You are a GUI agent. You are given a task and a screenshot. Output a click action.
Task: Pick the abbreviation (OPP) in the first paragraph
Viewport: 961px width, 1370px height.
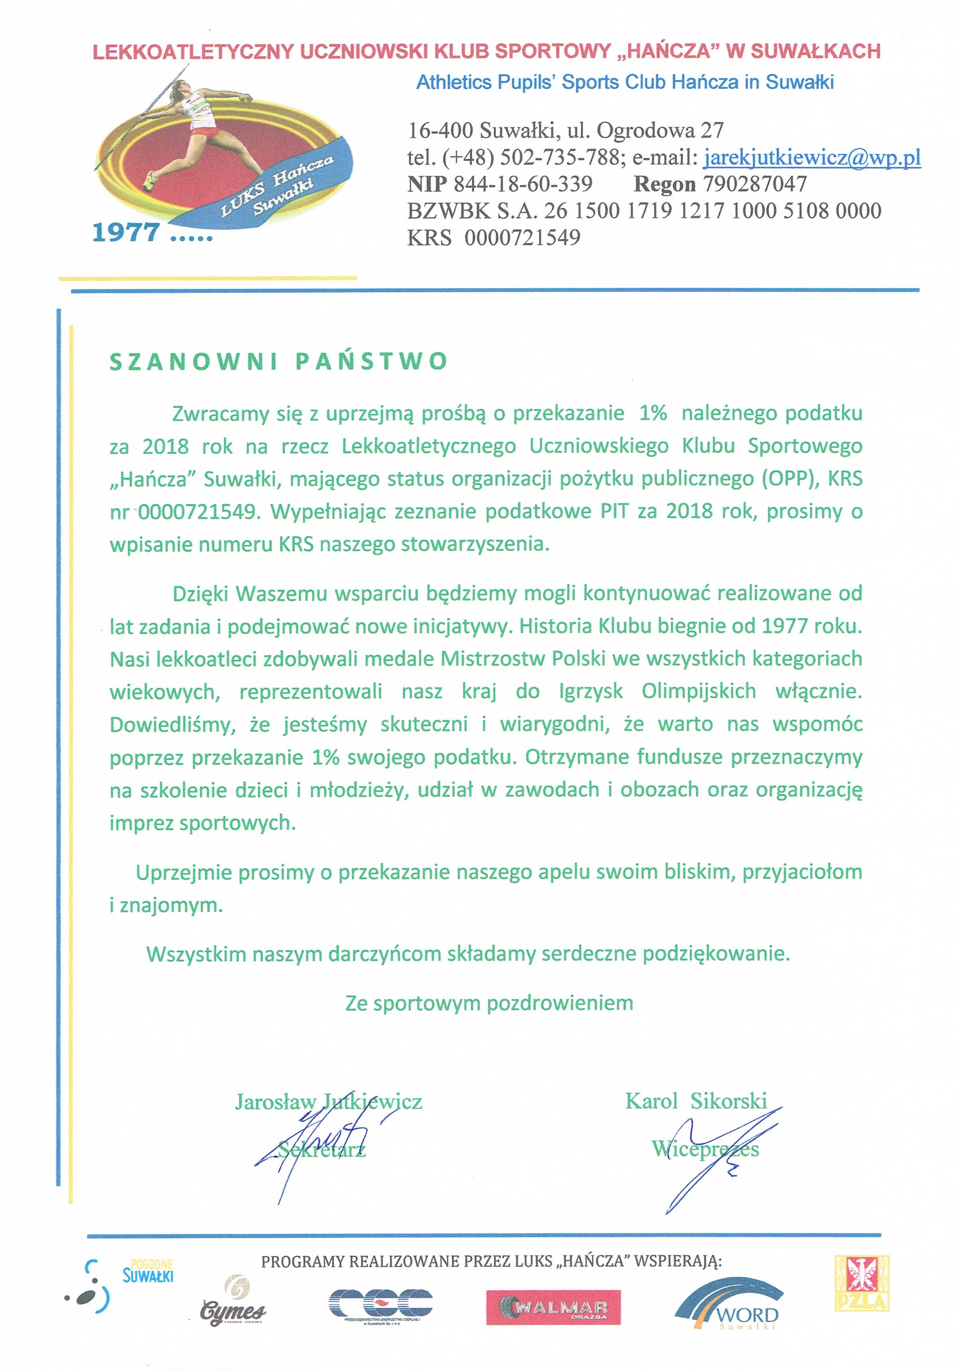(789, 478)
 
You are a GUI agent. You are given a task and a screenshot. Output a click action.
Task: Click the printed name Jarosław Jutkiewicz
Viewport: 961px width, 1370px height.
(328, 1102)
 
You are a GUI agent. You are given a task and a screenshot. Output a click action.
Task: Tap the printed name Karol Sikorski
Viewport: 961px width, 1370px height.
(696, 1101)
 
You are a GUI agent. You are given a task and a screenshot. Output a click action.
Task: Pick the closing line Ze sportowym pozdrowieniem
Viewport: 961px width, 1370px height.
(489, 1003)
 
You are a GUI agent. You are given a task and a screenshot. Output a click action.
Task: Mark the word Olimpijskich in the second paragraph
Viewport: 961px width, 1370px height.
(699, 691)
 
